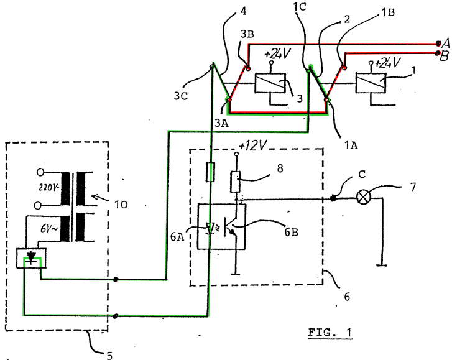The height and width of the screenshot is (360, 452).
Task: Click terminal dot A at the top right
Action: (438, 44)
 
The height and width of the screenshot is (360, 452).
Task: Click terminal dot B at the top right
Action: (438, 53)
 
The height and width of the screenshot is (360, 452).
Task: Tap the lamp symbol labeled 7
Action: (364, 198)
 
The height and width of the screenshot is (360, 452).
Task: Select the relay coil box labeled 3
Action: (270, 83)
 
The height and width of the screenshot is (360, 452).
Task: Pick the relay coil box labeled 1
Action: (371, 83)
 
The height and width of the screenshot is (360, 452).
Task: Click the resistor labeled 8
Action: (236, 182)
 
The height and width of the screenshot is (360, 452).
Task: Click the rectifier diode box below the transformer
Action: (31, 257)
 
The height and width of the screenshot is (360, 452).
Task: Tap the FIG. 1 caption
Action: (330, 333)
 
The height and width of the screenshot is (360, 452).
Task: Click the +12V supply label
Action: (253, 145)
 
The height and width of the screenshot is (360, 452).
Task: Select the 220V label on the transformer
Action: (49, 188)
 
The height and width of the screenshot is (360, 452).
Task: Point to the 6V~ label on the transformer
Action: (49, 229)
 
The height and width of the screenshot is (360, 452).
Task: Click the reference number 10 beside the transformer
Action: (121, 205)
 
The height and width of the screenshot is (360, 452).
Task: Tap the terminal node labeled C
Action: (333, 198)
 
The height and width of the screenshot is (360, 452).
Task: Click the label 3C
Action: (181, 96)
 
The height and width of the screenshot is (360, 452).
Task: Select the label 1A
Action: (351, 145)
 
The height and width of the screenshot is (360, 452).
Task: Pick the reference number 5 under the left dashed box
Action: (109, 356)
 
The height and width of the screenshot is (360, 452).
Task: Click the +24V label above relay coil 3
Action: (277, 54)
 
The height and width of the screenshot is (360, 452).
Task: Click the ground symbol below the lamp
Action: (381, 265)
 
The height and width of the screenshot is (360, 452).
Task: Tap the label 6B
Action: (291, 232)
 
